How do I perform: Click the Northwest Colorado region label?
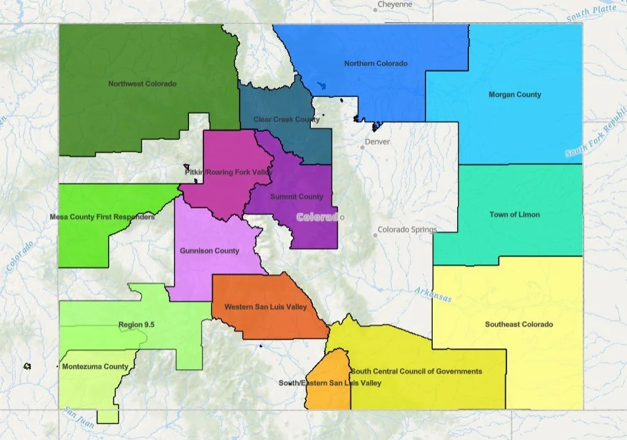pyautogui.click(x=142, y=84)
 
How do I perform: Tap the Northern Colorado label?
pyautogui.click(x=375, y=63)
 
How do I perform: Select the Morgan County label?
pyautogui.click(x=514, y=94)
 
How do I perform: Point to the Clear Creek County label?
pyautogui.click(x=286, y=119)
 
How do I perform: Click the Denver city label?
pyautogui.click(x=377, y=142)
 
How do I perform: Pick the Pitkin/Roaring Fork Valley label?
pyautogui.click(x=228, y=172)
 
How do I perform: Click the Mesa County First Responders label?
pyautogui.click(x=102, y=216)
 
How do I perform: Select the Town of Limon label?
pyautogui.click(x=514, y=214)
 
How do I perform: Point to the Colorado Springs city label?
pyautogui.click(x=406, y=230)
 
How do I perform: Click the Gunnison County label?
pyautogui.click(x=209, y=251)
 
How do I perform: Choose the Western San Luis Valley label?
pyautogui.click(x=265, y=307)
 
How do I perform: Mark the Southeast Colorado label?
pyautogui.click(x=519, y=324)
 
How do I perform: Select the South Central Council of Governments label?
pyautogui.click(x=416, y=371)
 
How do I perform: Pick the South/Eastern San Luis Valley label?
pyautogui.click(x=329, y=383)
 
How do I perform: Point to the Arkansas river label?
pyautogui.click(x=433, y=294)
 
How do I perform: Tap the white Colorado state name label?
pyautogui.click(x=319, y=217)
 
